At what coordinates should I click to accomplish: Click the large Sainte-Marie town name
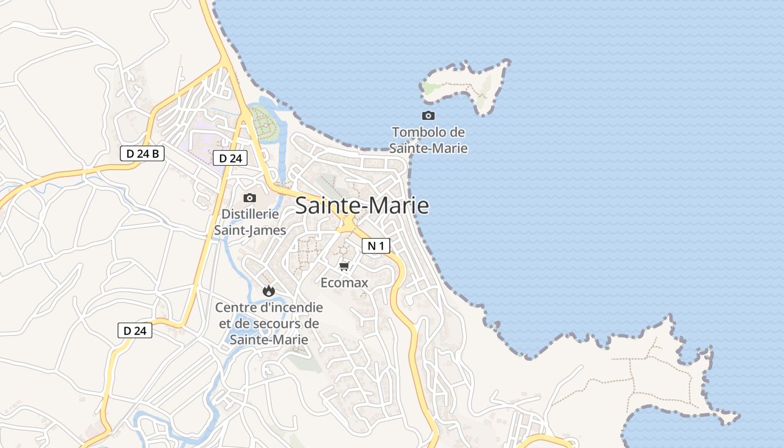click(362, 206)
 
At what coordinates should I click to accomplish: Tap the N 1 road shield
click(375, 245)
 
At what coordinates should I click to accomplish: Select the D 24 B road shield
click(142, 153)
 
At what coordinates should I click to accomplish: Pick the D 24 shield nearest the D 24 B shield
click(230, 158)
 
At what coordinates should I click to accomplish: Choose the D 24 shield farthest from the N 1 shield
click(135, 330)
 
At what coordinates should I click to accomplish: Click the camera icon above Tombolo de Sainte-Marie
click(428, 115)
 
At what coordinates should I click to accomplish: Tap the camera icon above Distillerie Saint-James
click(250, 198)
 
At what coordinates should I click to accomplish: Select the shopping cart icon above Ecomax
click(344, 266)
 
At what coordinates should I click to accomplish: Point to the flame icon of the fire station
click(269, 291)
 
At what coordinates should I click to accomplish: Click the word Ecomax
click(344, 283)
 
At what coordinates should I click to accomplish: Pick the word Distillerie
click(250, 214)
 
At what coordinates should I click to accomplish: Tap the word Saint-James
click(250, 230)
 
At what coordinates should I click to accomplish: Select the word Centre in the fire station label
click(235, 307)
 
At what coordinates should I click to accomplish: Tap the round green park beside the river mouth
click(264, 123)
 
